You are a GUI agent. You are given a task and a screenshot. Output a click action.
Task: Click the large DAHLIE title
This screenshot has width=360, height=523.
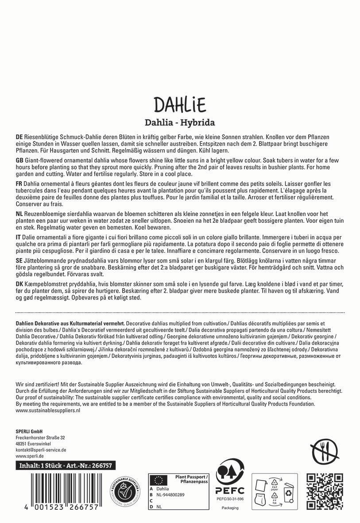[180, 105]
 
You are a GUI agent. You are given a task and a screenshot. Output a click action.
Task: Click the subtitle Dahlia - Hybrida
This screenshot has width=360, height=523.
[180, 122]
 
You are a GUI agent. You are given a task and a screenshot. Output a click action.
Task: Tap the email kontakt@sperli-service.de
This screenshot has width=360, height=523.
[41, 449]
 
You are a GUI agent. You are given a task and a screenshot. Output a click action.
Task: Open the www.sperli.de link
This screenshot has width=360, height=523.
[29, 456]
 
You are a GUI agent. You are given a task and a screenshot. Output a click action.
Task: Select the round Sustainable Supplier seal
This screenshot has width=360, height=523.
[127, 492]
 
